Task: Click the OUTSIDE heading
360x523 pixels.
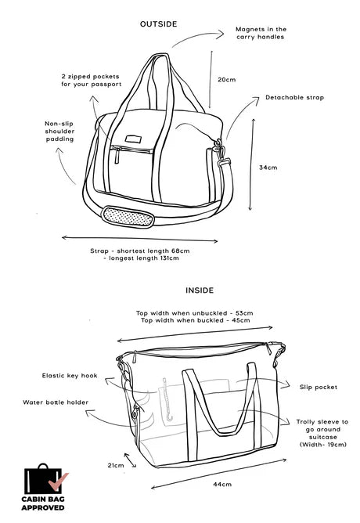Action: [x=158, y=24]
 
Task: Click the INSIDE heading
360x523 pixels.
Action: [x=200, y=290]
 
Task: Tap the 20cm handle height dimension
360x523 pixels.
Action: [x=227, y=80]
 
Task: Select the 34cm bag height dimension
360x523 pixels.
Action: [x=268, y=168]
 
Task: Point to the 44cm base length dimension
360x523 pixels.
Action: [x=222, y=484]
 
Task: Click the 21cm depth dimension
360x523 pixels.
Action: [x=116, y=465]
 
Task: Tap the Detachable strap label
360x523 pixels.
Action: [x=295, y=97]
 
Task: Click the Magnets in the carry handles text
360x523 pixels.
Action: [x=261, y=33]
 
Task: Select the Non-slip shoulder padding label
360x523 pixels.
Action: [x=59, y=132]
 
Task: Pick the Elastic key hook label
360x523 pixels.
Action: [x=70, y=376]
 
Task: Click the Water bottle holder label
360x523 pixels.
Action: [x=56, y=402]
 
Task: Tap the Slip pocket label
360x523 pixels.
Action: [x=319, y=388]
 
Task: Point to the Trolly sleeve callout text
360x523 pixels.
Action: [x=322, y=433]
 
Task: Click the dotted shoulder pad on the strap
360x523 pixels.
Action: [x=128, y=217]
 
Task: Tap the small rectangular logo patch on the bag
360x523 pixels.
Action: [x=133, y=139]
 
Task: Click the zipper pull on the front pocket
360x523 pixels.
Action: [x=117, y=156]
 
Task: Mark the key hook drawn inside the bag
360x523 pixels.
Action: [x=167, y=400]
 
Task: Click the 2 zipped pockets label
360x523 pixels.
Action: [x=91, y=81]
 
